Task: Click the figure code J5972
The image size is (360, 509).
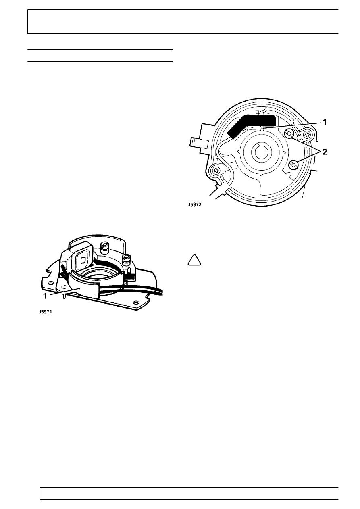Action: pos(195,204)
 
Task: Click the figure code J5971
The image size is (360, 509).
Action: pos(45,312)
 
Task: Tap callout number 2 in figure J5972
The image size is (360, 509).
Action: pos(325,152)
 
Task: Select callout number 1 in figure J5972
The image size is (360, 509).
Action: pos(325,123)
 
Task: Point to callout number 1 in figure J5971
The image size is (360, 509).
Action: pos(45,296)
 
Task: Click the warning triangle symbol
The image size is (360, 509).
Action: pos(194,260)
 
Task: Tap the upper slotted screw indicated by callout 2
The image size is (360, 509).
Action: pos(289,134)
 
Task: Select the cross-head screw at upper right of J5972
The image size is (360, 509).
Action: pos(307,136)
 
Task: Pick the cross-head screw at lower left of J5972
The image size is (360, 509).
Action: pos(216,169)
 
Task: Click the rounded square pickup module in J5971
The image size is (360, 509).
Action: pos(83,258)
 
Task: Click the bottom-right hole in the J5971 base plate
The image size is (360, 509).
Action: pos(135,303)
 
